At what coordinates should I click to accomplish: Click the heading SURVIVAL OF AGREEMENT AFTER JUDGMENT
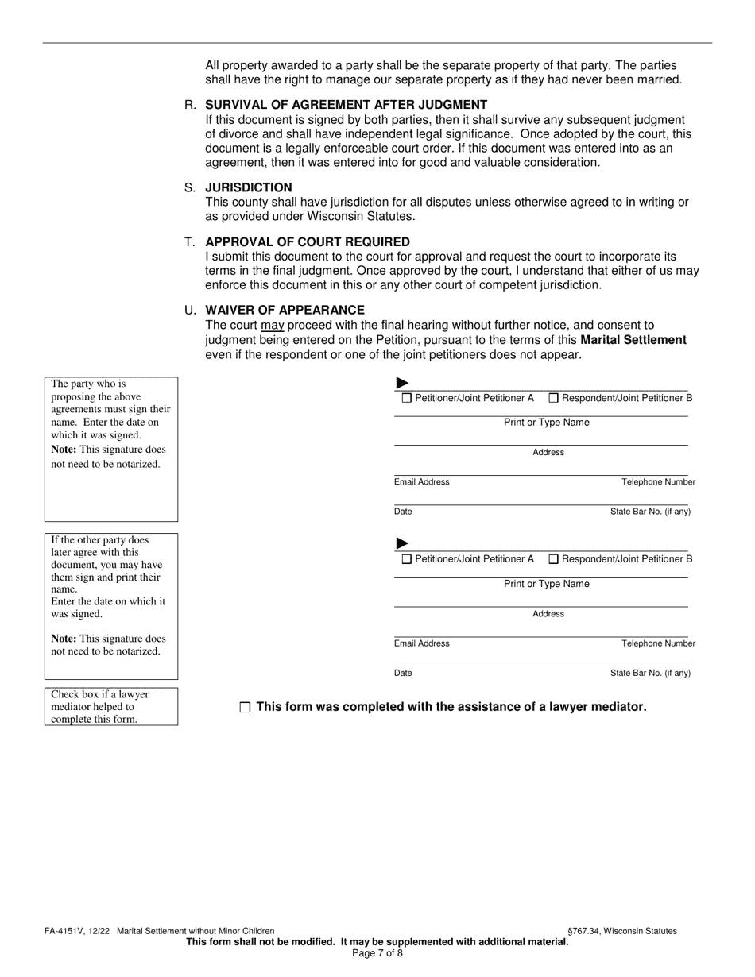pos(346,105)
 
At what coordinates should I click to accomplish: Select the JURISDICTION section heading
pos(248,187)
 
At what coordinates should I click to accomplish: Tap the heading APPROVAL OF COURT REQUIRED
pos(308,241)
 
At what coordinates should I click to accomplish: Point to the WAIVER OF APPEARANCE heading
pos(285,310)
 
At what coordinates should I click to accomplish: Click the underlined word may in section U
pos(273,325)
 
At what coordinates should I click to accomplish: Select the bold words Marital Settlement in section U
pos(633,340)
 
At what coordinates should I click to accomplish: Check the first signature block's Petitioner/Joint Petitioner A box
pos(407,398)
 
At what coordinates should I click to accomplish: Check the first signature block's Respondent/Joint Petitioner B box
pos(554,398)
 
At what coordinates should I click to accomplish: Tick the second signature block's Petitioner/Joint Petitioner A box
pos(407,559)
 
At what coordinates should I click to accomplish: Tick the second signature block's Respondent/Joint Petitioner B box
pos(554,559)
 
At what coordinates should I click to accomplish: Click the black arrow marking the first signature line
pos(402,383)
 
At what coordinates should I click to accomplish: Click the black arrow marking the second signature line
pos(402,543)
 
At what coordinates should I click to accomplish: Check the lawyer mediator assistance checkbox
pos(245,707)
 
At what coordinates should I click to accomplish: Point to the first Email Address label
pos(421,482)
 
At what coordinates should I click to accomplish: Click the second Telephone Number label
pos(658,643)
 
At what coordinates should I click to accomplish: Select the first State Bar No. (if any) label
pos(650,512)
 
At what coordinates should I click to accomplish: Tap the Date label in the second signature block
pos(403,673)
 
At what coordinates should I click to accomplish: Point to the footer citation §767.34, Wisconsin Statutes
pos(622,931)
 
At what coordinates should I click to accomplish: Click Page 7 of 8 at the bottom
pos(377,953)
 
